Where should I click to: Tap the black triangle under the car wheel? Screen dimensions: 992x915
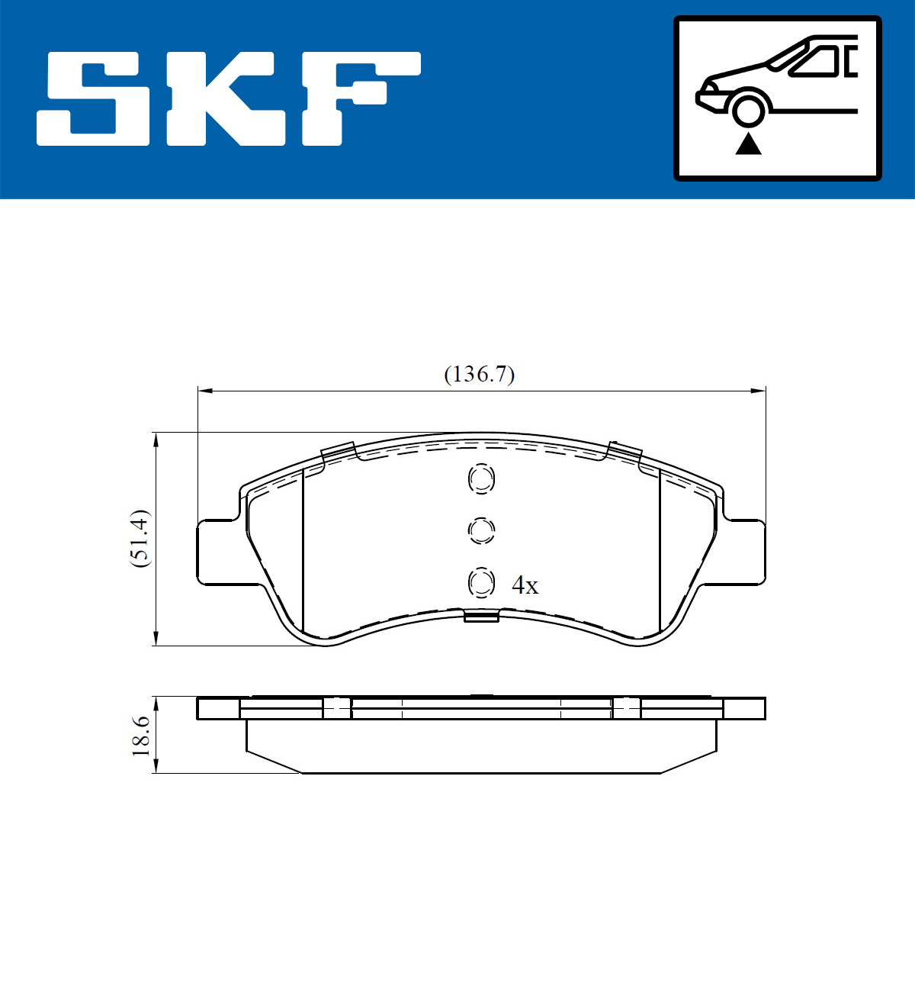coord(748,143)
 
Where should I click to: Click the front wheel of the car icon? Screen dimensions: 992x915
coord(748,108)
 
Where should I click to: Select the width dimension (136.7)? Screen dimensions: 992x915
coord(479,375)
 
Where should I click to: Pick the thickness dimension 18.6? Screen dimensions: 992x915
coord(140,736)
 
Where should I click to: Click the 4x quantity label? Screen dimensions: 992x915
coord(525,586)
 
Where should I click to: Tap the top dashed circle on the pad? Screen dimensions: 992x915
coord(481,479)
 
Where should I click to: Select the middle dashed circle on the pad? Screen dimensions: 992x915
coord(481,530)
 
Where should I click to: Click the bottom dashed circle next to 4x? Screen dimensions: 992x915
coord(481,584)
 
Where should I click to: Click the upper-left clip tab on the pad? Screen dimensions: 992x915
coord(338,452)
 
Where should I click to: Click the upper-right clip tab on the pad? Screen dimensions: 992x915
coord(623,452)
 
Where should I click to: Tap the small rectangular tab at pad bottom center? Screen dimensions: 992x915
coord(481,617)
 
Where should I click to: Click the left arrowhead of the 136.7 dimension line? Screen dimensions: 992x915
coord(203,391)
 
